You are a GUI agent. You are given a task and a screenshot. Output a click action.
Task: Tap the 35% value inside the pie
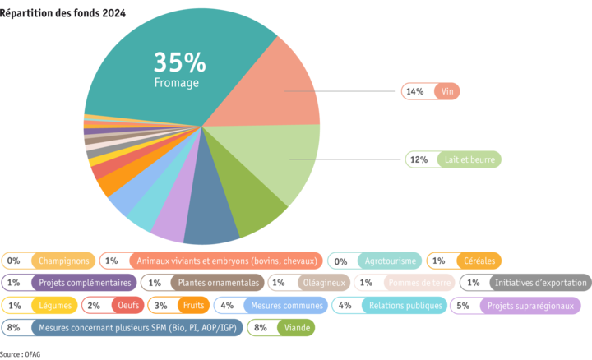point(179,62)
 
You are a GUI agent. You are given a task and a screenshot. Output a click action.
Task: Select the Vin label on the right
point(430,91)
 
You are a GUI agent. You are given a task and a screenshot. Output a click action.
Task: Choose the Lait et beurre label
point(453,159)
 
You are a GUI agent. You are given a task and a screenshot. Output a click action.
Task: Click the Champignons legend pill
point(48,261)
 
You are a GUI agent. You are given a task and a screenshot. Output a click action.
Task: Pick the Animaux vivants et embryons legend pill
point(210,261)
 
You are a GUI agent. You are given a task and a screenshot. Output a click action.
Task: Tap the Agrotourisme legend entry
point(375,261)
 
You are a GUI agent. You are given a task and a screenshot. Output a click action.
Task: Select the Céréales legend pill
point(464,261)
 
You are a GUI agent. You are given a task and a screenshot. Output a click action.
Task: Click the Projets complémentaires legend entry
point(69,283)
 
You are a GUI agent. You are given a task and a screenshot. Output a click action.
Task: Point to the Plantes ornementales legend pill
point(203,283)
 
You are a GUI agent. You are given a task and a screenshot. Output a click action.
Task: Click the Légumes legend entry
point(40,305)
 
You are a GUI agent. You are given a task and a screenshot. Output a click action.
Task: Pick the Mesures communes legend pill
point(269,305)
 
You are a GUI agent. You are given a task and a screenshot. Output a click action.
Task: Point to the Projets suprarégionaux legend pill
point(516,305)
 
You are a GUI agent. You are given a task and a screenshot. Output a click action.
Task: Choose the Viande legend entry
point(282,327)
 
